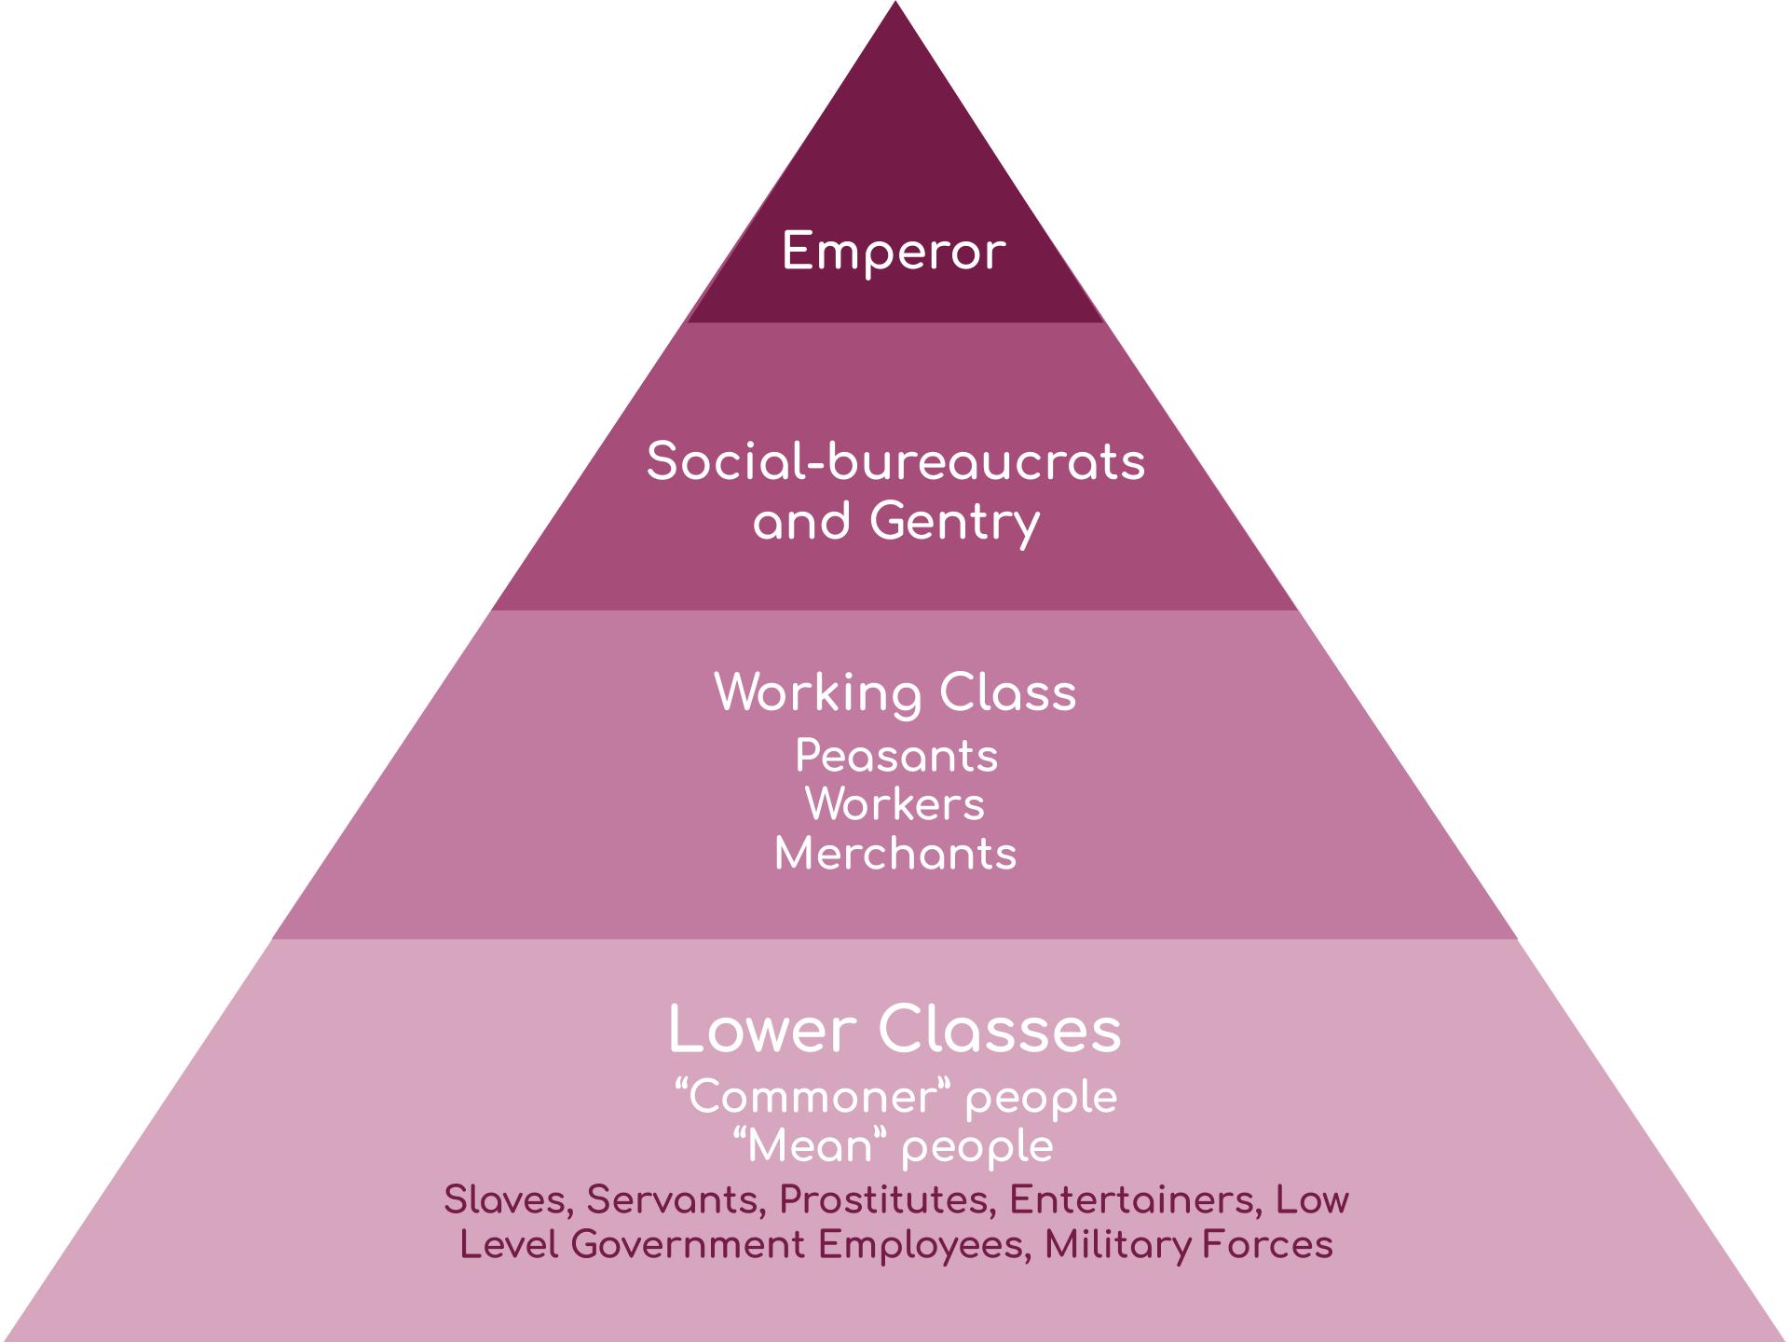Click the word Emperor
[x=894, y=253]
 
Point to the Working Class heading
[x=895, y=692]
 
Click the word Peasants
[x=896, y=756]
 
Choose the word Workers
[x=895, y=804]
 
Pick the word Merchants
[x=895, y=854]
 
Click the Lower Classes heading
[x=895, y=1030]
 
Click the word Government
[x=688, y=1245]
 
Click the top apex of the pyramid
[x=895, y=2]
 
